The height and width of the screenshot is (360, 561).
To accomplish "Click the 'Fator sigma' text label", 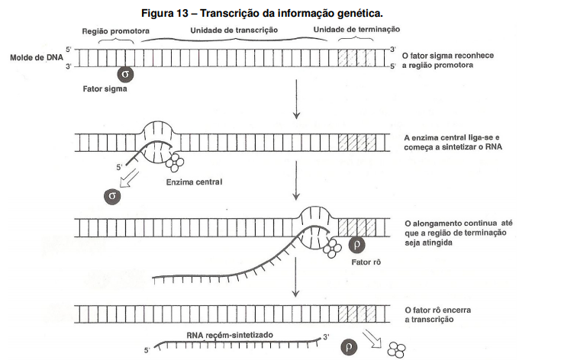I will (x=105, y=88).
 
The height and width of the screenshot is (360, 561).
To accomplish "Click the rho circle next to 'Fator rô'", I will (x=359, y=245).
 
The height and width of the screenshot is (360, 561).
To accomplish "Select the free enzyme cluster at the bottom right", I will (x=397, y=349).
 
